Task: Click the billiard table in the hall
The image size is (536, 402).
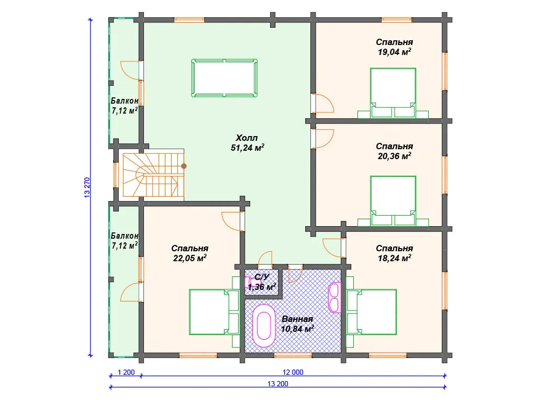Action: tap(225, 78)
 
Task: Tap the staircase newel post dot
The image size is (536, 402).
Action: tap(184, 166)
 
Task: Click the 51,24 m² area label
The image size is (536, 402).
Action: tap(248, 148)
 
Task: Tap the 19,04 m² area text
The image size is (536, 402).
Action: tap(394, 52)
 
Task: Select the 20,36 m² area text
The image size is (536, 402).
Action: tap(394, 155)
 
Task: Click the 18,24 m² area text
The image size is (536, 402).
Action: tap(394, 258)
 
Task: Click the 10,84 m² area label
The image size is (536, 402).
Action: tap(297, 329)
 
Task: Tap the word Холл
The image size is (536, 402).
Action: tap(247, 138)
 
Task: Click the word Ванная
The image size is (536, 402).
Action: tap(297, 319)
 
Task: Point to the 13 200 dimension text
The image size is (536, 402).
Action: tap(278, 384)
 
